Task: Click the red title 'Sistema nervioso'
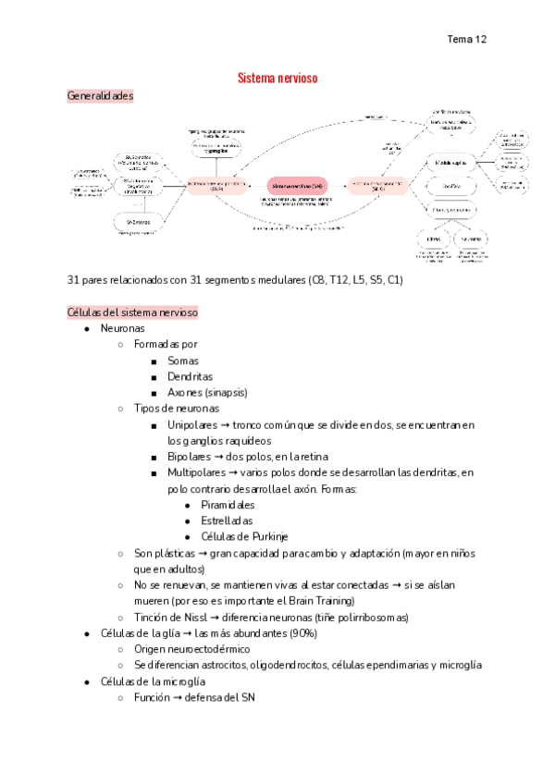point(277,79)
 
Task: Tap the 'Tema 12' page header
point(466,39)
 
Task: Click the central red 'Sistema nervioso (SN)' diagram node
point(297,186)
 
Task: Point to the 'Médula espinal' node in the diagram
point(450,164)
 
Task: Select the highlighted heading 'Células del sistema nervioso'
point(132,312)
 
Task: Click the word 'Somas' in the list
point(183,361)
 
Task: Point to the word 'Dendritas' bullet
point(190,376)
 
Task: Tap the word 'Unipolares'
point(196,424)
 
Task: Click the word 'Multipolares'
point(200,472)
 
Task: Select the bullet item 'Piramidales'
point(227,505)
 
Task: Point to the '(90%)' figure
point(302,633)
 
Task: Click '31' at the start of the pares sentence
point(74,280)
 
